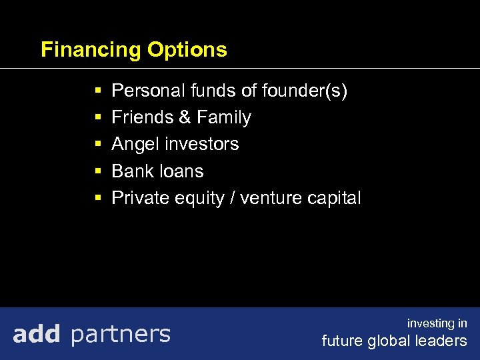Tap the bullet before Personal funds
(x=97, y=91)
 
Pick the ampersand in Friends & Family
(x=185, y=117)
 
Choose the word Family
(x=223, y=118)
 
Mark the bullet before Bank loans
(x=97, y=171)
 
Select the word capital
(x=336, y=198)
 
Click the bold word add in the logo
(x=37, y=333)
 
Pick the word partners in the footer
(x=120, y=334)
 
